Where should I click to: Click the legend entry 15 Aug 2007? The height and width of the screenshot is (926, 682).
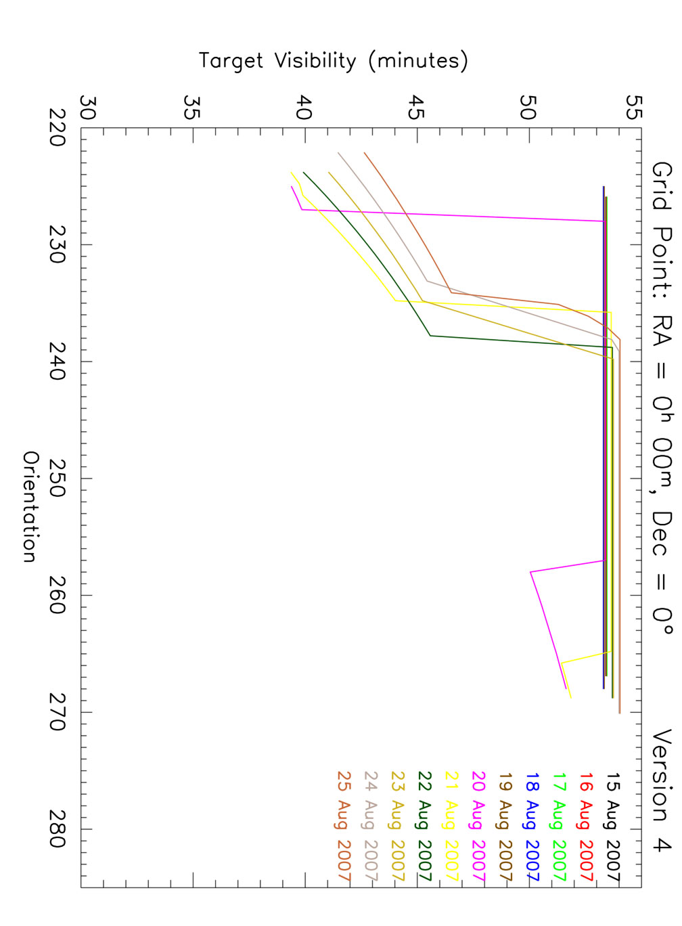click(612, 826)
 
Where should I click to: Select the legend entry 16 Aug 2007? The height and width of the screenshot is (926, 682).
click(586, 826)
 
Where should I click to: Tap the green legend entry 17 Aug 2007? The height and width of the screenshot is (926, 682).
click(559, 826)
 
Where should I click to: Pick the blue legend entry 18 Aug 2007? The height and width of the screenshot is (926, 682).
click(532, 826)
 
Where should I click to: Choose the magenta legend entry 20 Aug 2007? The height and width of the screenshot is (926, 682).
click(478, 826)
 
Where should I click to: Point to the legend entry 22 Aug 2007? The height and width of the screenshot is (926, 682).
click(424, 826)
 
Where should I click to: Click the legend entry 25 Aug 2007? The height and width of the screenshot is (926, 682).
click(344, 826)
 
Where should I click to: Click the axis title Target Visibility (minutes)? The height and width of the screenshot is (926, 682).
click(334, 61)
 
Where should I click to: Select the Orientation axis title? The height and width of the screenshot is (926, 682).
click(30, 507)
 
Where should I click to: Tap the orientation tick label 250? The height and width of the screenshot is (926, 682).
click(57, 479)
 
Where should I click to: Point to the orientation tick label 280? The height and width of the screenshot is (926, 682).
click(57, 829)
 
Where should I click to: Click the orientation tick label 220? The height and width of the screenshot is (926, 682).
click(57, 128)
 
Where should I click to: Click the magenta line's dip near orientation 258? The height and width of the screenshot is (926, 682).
click(531, 572)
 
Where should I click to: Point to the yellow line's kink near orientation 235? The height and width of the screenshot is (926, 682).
click(395, 301)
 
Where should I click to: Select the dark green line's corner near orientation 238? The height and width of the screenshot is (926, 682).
click(430, 336)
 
